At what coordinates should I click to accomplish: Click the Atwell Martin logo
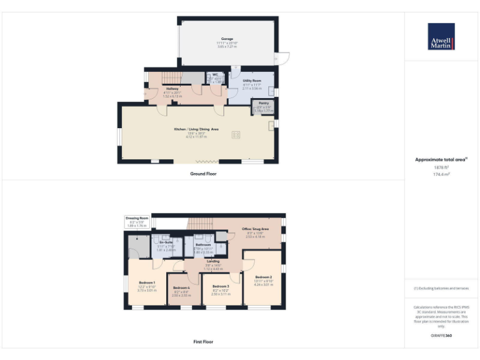pyautogui.click(x=441, y=36)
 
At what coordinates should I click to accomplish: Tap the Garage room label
pyautogui.click(x=227, y=39)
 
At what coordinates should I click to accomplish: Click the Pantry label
pyautogui.click(x=264, y=103)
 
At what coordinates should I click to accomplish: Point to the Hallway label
pyautogui.click(x=172, y=89)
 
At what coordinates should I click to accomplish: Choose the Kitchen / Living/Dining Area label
pyautogui.click(x=196, y=129)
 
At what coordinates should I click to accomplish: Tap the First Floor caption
pyautogui.click(x=203, y=342)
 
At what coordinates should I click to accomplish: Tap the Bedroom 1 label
pyautogui.click(x=147, y=282)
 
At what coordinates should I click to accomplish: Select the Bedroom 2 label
pyautogui.click(x=264, y=277)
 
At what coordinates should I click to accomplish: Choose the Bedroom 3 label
pyautogui.click(x=221, y=286)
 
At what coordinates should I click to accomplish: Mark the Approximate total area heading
pyautogui.click(x=441, y=160)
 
